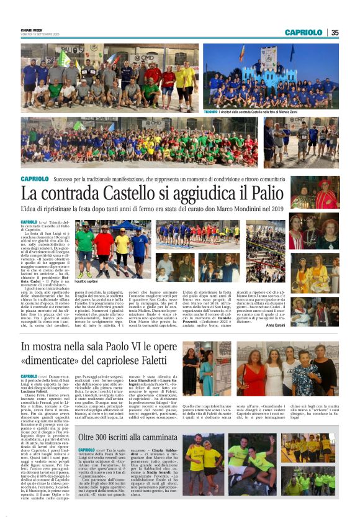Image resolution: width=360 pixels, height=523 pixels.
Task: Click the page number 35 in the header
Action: (x=335, y=32)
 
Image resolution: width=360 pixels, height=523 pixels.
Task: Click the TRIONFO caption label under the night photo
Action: (x=210, y=112)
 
